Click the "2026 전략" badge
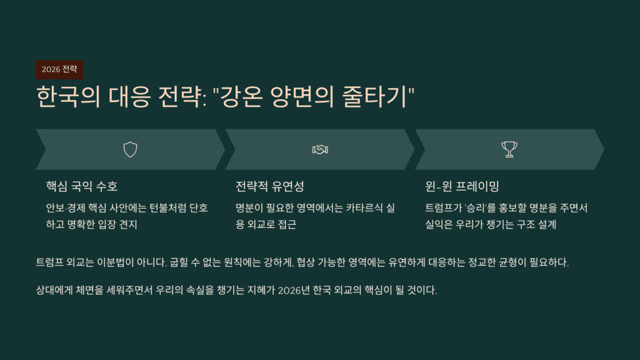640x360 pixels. click(x=59, y=69)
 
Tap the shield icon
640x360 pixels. click(x=130, y=149)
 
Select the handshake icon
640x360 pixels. click(x=320, y=149)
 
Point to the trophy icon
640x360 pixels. click(x=509, y=149)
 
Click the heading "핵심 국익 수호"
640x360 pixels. click(x=82, y=186)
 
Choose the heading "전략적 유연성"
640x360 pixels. click(x=270, y=186)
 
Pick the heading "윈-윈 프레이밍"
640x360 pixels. click(x=462, y=186)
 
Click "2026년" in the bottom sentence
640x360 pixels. click(x=296, y=291)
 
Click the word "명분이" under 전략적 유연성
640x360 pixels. click(x=251, y=207)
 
